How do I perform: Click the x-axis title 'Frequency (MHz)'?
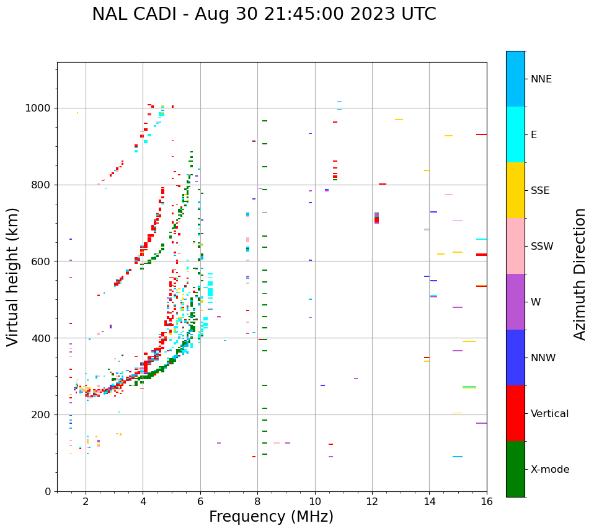pos(271,517)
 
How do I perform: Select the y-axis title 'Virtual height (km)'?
pos(13,276)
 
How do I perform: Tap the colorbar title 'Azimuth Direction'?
pos(580,273)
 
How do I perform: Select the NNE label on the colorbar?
pos(541,79)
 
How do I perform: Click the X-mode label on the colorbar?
pos(550,470)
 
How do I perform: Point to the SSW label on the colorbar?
pos(542,247)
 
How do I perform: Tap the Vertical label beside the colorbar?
pos(549,414)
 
